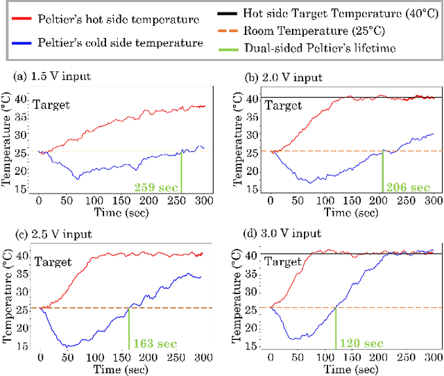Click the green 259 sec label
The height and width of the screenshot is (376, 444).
(x=157, y=187)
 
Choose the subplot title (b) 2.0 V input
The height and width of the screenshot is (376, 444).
(x=273, y=78)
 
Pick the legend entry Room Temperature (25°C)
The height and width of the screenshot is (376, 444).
(x=314, y=31)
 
